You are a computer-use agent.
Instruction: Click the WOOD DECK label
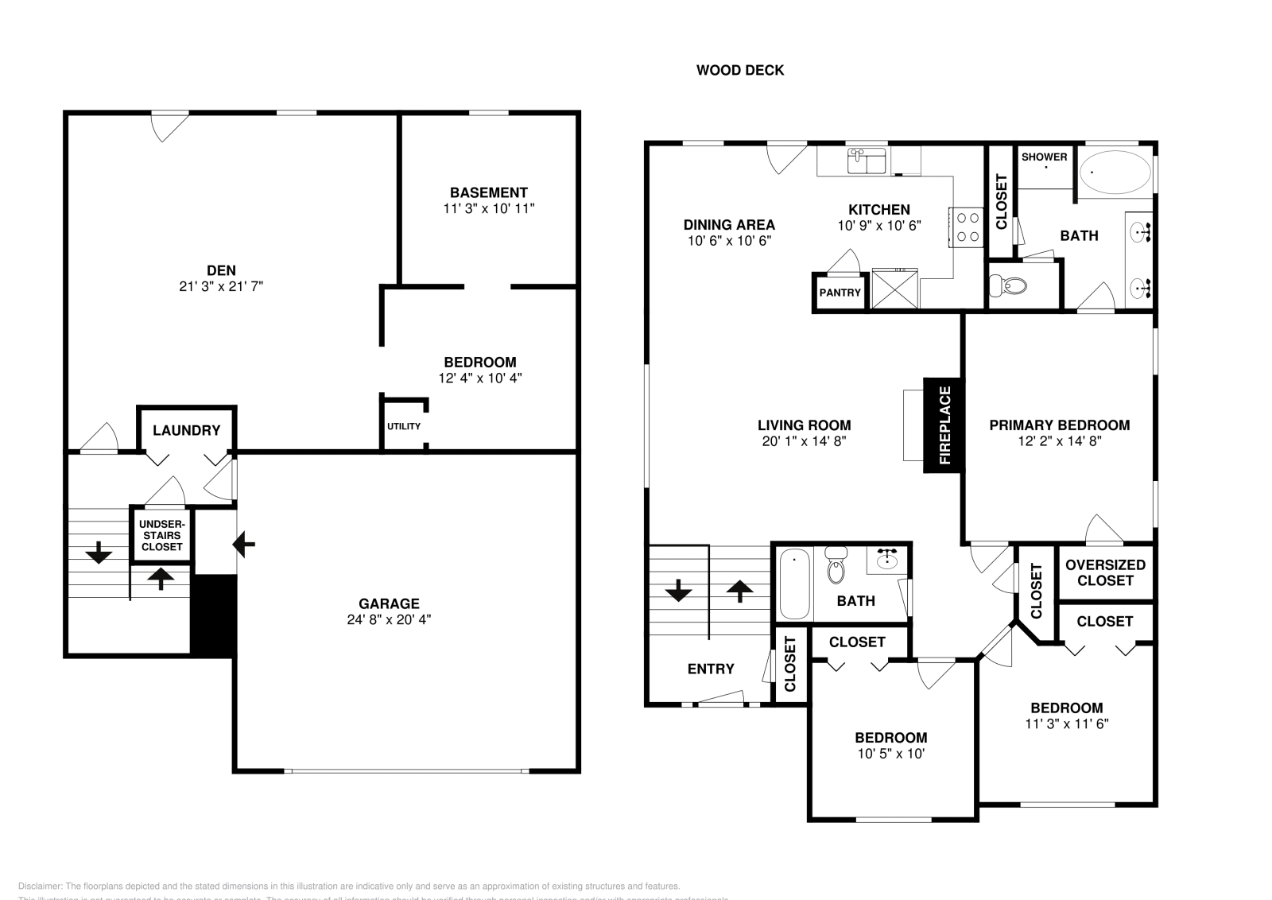(740, 70)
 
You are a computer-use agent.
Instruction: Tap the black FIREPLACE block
(944, 425)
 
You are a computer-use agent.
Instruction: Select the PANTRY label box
(840, 293)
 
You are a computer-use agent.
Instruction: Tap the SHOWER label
(1044, 157)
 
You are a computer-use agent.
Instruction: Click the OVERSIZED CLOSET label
(1105, 572)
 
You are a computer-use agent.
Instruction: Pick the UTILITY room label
(404, 426)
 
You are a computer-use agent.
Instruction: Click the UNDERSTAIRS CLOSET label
(161, 535)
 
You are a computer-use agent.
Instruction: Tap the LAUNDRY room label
(186, 430)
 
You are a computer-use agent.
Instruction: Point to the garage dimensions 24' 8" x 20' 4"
(389, 619)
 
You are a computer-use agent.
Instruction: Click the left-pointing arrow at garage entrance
(243, 545)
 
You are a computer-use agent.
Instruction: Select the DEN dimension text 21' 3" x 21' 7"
(221, 286)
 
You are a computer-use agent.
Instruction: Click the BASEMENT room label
(488, 192)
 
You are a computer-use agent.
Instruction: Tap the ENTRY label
(711, 669)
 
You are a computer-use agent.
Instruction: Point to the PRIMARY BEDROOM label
(1059, 425)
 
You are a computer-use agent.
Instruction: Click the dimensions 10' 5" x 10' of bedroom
(890, 754)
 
